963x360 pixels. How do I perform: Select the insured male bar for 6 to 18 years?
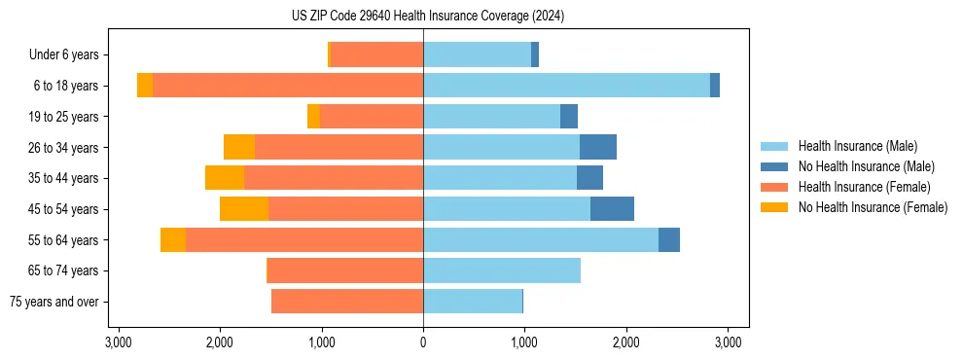click(566, 86)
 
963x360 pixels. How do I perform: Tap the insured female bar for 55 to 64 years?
click(304, 240)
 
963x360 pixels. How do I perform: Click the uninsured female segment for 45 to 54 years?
click(244, 209)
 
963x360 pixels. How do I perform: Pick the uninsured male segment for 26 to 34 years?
click(598, 147)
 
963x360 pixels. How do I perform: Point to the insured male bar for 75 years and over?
click(473, 302)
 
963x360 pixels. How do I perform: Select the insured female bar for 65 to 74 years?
click(345, 270)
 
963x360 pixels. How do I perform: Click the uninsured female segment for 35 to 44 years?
click(225, 178)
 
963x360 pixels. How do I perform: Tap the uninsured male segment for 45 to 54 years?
click(612, 209)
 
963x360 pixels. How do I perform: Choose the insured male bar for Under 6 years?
click(477, 54)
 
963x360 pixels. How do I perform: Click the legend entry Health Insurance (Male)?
click(857, 146)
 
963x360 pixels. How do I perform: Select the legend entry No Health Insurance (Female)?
click(873, 207)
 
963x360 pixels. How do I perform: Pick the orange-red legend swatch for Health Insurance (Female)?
click(774, 187)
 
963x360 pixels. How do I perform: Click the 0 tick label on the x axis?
click(423, 342)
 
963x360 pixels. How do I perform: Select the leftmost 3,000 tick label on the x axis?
click(118, 342)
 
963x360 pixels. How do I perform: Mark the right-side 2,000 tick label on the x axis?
click(626, 342)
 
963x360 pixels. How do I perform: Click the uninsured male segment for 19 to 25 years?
click(569, 117)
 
